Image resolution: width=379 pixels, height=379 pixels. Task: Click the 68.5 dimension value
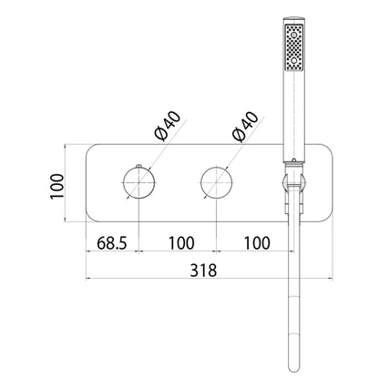tap(111, 243)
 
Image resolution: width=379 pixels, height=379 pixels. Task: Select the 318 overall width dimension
tap(203, 270)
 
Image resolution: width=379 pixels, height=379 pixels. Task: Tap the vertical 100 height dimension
tap(57, 186)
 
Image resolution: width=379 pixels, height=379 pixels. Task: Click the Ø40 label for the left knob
tap(167, 126)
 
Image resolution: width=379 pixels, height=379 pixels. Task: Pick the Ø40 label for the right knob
tap(245, 127)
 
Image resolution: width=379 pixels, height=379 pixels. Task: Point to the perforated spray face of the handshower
tap(293, 47)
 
